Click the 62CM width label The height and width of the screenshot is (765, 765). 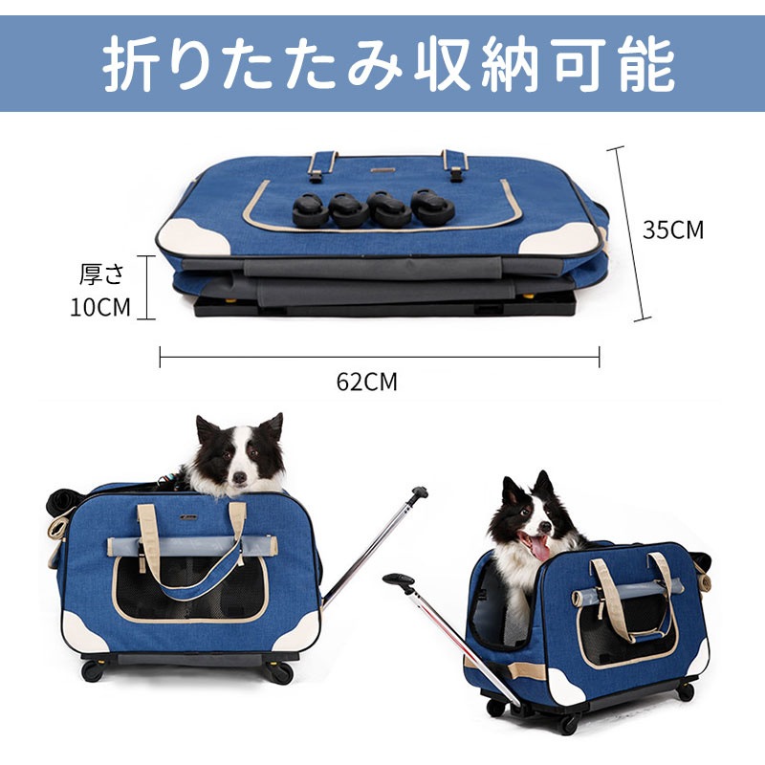(366, 382)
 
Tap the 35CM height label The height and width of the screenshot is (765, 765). (672, 230)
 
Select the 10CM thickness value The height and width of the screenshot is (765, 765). (99, 307)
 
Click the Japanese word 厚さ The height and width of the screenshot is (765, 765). (101, 275)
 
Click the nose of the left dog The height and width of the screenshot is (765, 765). (238, 474)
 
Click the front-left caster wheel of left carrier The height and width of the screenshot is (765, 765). (93, 670)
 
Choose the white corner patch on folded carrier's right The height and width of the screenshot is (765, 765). (564, 238)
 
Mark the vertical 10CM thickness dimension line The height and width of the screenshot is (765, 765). (149, 287)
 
